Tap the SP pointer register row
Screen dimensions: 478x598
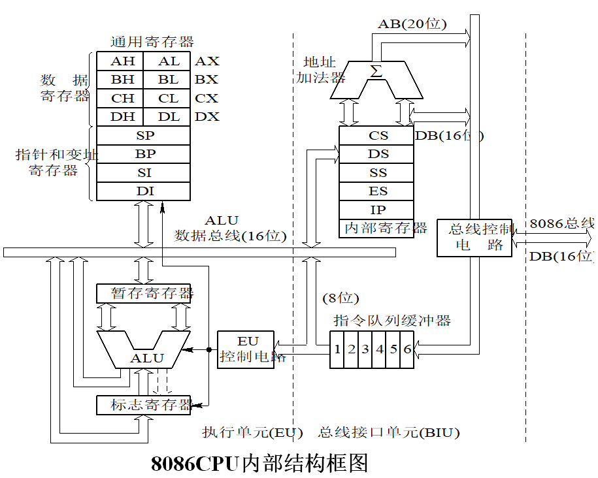(144, 136)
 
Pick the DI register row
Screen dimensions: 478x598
(144, 191)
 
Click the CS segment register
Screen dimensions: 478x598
(378, 136)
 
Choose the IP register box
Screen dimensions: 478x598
(378, 210)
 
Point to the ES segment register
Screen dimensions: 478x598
(378, 191)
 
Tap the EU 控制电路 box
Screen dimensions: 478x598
(246, 349)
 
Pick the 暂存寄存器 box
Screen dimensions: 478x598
(144, 293)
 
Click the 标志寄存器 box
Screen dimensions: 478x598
(144, 405)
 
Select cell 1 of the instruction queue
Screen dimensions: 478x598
(337, 349)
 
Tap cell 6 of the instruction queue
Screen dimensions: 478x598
(407, 349)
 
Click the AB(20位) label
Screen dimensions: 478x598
(412, 24)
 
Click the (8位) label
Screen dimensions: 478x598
(341, 298)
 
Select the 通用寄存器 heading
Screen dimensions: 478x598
(152, 42)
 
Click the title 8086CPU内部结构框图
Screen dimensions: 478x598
(259, 463)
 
